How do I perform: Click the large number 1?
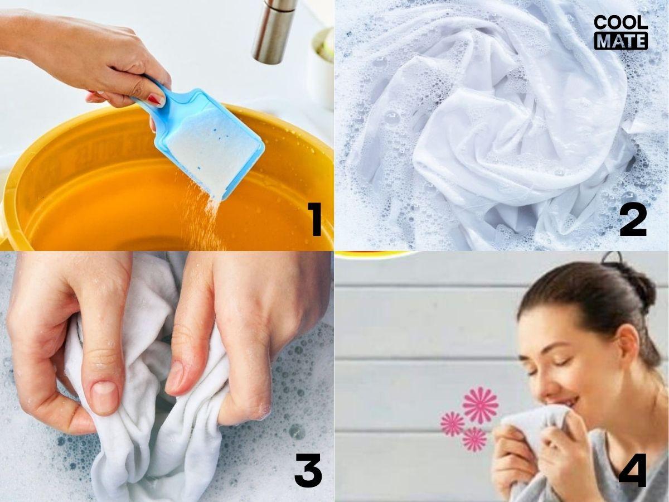[314, 219]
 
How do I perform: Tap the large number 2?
[633, 219]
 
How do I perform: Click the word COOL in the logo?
[620, 22]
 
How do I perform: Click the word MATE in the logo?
[621, 41]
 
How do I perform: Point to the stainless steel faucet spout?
[273, 31]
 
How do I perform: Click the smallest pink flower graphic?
[474, 440]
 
